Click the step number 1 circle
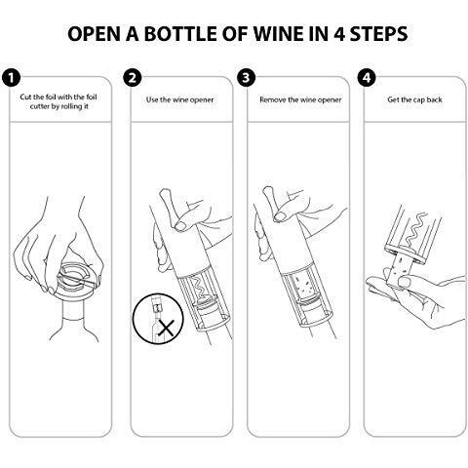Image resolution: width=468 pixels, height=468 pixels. point(12,78)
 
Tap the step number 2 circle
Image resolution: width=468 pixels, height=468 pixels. point(133,78)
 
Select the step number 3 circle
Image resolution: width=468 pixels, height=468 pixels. point(247,78)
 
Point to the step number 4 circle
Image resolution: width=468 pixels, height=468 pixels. point(367,78)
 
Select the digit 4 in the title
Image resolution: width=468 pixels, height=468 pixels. point(339,33)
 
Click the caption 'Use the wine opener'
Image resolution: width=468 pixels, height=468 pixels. point(179,99)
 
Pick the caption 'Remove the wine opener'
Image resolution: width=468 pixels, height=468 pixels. point(300,99)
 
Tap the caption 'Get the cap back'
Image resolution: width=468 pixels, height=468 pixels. point(414,99)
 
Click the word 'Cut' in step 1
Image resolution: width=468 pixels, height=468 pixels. point(25,97)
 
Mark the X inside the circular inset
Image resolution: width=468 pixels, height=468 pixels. point(166,328)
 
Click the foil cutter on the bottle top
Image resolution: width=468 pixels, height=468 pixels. point(76,280)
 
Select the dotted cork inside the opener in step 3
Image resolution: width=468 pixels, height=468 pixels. point(301,286)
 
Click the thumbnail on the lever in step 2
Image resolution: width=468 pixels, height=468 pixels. point(179,225)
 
